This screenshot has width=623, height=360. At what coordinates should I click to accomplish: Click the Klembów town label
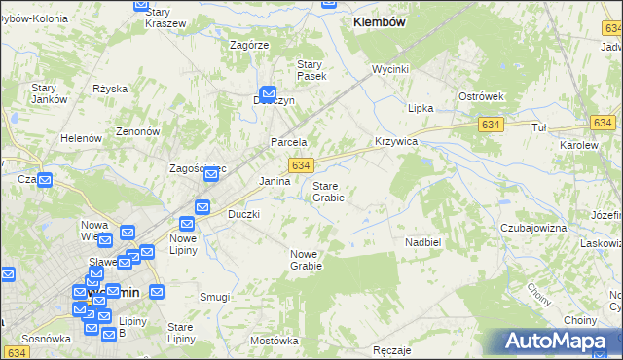click(380, 20)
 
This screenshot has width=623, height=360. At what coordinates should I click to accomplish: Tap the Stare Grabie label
click(328, 191)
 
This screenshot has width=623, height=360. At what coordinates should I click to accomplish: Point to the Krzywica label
click(396, 141)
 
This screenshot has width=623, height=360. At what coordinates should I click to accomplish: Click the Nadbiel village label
click(423, 240)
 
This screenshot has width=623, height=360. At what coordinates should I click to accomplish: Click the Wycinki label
click(389, 70)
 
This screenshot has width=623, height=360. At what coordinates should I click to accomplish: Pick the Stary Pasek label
click(311, 69)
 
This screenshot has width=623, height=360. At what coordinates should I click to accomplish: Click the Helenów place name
click(82, 138)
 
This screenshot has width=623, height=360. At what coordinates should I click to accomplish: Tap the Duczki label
click(243, 213)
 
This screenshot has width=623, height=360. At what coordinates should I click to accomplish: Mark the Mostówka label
click(274, 341)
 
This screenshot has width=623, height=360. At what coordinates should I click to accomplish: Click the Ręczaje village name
click(392, 349)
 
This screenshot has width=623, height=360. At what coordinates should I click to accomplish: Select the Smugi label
click(214, 297)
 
